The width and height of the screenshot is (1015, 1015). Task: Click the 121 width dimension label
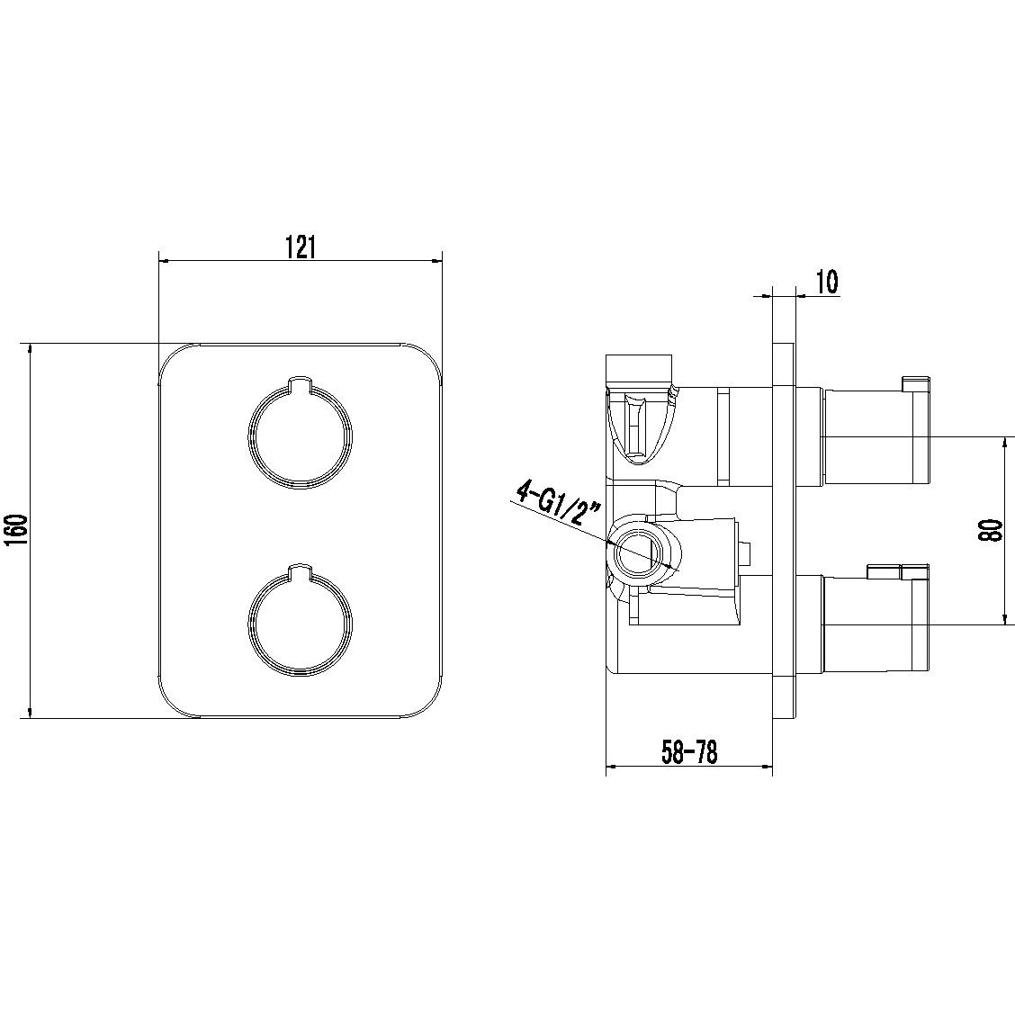point(300,247)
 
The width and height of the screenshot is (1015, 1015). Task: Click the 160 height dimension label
point(17,531)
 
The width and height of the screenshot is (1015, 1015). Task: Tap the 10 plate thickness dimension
point(827,282)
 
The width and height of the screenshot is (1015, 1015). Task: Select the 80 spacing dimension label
point(991,531)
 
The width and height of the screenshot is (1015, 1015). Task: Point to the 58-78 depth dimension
point(689,753)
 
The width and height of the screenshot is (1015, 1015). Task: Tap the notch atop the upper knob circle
point(301,383)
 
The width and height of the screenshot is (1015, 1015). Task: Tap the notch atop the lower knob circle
point(301,570)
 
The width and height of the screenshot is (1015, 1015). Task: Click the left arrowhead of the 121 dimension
point(164,261)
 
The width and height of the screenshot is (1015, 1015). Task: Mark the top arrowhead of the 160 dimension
point(29,348)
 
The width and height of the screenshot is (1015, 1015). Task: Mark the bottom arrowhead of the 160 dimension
point(29,712)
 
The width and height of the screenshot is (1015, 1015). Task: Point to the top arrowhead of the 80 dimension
point(1004,443)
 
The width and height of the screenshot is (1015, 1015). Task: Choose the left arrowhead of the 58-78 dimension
point(611,768)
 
